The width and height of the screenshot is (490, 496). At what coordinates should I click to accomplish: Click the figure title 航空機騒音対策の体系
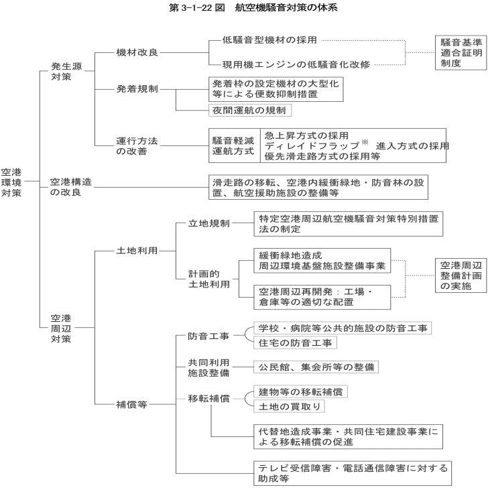tap(286, 7)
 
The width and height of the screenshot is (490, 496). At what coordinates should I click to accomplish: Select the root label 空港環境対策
tap(11, 182)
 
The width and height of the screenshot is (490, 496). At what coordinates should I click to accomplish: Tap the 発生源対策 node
tap(66, 72)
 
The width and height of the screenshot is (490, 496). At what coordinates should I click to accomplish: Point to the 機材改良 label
tap(137, 52)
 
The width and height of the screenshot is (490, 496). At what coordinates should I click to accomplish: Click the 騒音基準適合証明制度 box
tap(461, 53)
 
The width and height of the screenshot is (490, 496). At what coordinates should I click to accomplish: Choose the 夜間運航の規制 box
tap(250, 111)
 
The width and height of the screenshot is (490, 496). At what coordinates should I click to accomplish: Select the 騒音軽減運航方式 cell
tap(235, 145)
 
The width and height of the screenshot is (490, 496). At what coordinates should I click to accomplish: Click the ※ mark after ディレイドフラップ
tap(365, 142)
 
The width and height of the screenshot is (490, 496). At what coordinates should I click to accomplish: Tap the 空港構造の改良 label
tap(71, 187)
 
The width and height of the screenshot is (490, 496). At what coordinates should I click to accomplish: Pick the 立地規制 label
tap(208, 223)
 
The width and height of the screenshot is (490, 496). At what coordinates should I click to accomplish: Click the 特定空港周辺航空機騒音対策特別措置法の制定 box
tap(349, 224)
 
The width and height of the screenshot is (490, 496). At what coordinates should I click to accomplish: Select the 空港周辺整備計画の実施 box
tap(461, 275)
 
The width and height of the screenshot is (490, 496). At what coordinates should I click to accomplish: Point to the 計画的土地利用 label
tap(209, 279)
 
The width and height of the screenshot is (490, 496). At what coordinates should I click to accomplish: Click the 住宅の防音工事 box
tap(295, 343)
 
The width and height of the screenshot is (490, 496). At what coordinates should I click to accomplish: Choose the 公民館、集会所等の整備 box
tap(316, 367)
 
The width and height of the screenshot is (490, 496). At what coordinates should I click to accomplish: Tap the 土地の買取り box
tap(289, 406)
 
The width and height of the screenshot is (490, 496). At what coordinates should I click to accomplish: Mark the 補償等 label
tap(131, 404)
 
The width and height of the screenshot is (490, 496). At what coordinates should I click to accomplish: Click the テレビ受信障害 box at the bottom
tap(353, 473)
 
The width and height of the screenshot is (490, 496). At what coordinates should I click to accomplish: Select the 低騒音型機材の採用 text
tap(269, 40)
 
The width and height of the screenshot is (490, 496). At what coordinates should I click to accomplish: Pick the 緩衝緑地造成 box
tap(322, 261)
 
